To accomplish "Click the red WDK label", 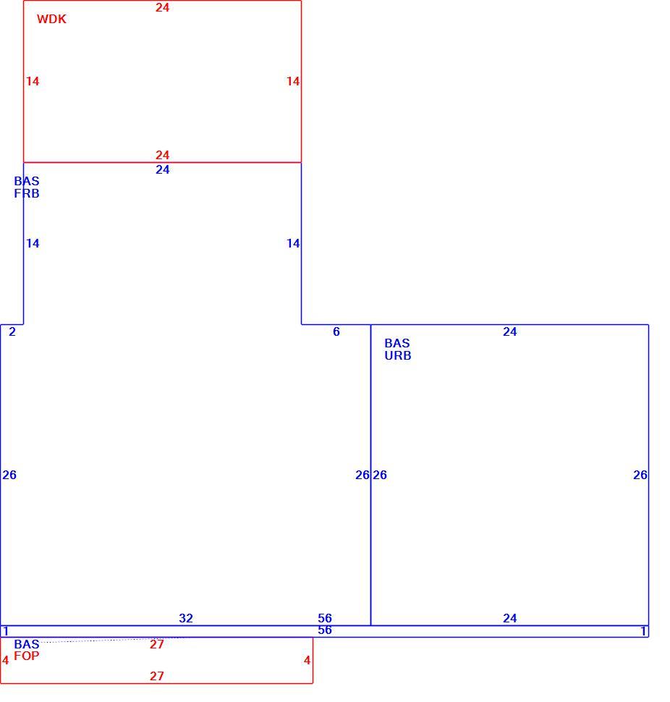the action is coord(51,20).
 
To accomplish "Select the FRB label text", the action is coord(26,193).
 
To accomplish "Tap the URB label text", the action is coord(397,355).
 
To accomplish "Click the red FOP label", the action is coord(26,656).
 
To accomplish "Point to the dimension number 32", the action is coord(186,618).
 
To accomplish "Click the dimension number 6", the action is coord(336,331).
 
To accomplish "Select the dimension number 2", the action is coord(12,331).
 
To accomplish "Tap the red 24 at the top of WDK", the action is coord(163,8).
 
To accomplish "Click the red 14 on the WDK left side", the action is coord(33,82).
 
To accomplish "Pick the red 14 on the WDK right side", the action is coord(293,82).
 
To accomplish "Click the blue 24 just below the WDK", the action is coord(163,169).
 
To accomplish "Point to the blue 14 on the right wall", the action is coord(293,244).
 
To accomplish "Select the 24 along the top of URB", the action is coord(510,331).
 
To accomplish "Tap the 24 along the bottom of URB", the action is coord(510,618).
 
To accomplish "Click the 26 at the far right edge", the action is coord(640,475).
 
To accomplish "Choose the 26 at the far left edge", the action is coord(9,475).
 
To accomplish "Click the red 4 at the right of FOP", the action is coord(307,660).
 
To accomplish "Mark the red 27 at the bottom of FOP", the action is coord(156,676).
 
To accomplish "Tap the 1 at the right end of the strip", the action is coord(643,631).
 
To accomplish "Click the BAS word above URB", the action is coord(397,343).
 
